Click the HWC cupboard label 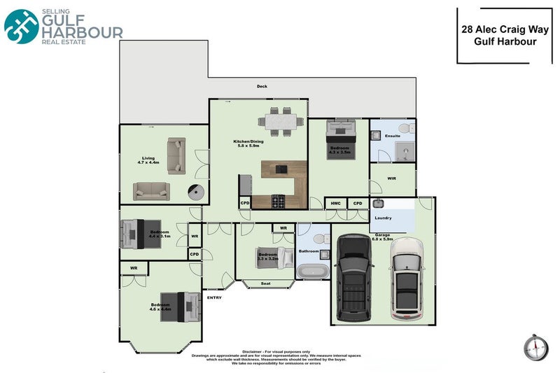tap(335, 204)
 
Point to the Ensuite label tap(393, 136)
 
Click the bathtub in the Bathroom tap(311, 272)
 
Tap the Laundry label tap(383, 218)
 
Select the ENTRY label tap(214, 298)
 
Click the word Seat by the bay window tap(265, 283)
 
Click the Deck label tap(262, 86)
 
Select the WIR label tap(391, 178)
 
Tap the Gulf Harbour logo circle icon tap(22, 25)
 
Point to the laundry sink tap(379, 204)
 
